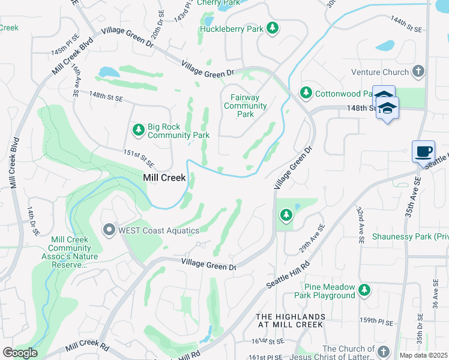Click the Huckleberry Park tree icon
click(272, 28)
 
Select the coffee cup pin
click(423, 151)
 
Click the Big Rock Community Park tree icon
click(139, 130)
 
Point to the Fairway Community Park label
click(245, 106)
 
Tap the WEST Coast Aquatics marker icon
click(109, 230)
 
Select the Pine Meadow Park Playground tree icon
click(364, 290)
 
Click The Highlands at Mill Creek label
click(289, 320)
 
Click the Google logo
click(19, 352)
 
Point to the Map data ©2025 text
click(423, 355)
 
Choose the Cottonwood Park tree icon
click(306, 93)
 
